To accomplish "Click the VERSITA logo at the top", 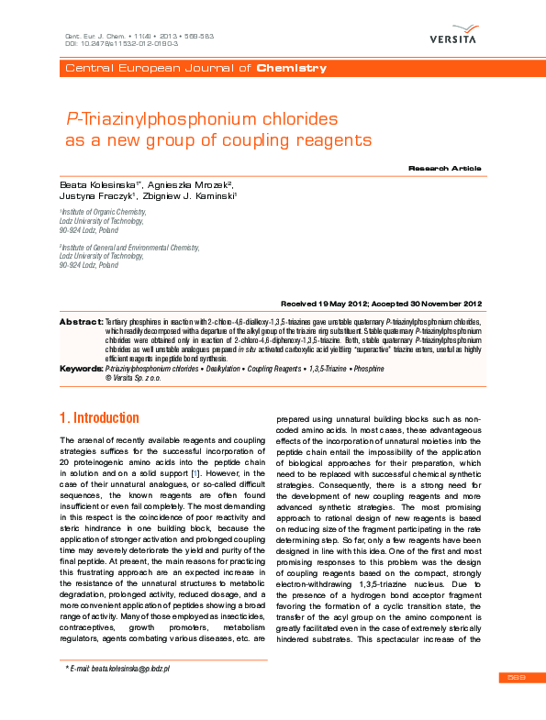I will coord(452,37).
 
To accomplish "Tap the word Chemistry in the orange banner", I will coord(291,69).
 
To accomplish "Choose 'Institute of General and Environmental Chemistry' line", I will coord(129,248).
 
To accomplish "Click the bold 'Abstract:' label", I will coord(81,323).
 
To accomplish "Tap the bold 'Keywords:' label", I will coord(81,368).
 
